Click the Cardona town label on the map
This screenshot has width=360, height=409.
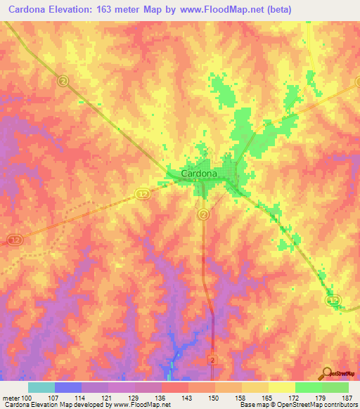(x=199, y=173)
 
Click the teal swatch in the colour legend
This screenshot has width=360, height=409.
(x=41, y=387)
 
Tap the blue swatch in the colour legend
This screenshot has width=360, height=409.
(x=68, y=387)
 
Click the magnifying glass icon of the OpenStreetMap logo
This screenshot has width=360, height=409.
(x=326, y=374)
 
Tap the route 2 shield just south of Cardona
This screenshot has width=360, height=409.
(x=203, y=214)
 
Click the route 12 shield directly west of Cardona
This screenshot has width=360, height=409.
(x=142, y=193)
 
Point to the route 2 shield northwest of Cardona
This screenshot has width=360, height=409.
(x=63, y=82)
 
